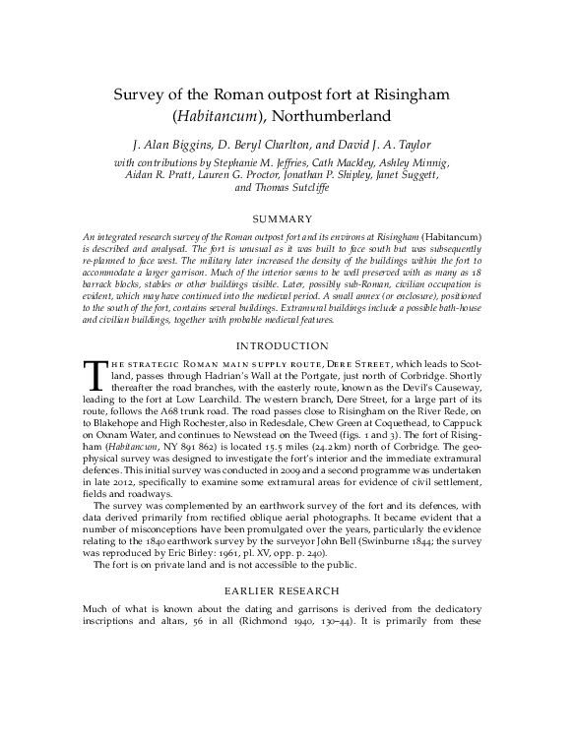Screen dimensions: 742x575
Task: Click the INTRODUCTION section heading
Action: [287, 345]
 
